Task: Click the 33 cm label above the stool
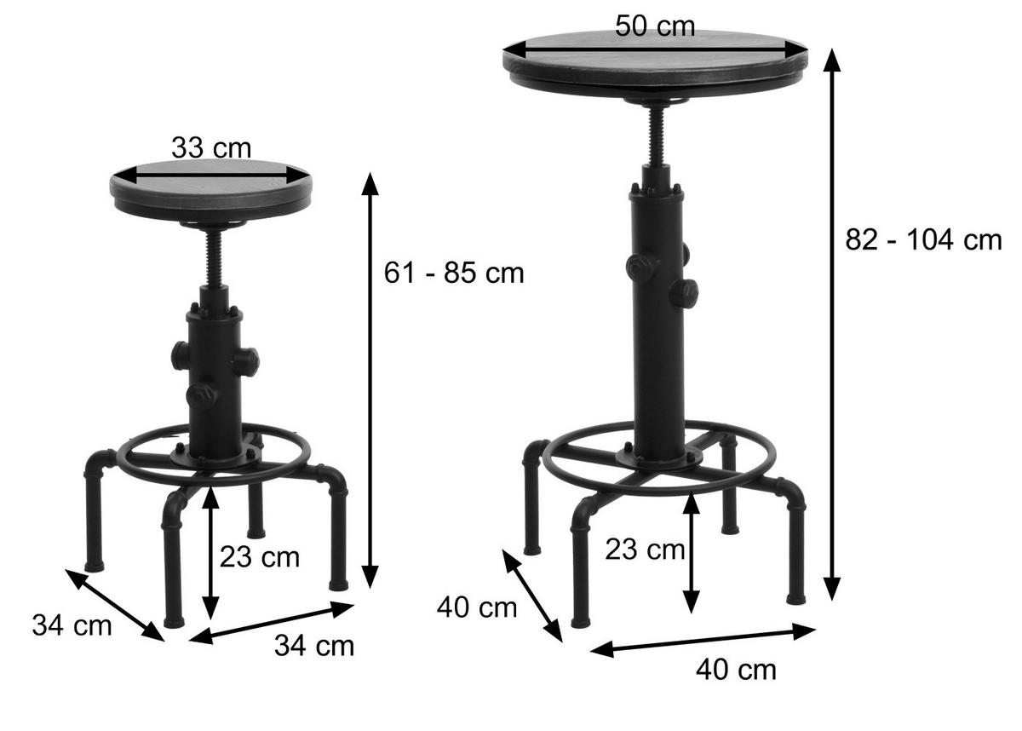[211, 148]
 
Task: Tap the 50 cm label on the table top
[655, 26]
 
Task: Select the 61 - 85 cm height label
[454, 273]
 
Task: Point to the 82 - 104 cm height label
[923, 239]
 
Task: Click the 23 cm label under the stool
[260, 557]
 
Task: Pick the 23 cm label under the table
[646, 550]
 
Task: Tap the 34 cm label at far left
[72, 625]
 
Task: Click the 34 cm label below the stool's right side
[314, 646]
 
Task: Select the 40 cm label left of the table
[477, 607]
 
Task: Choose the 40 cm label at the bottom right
[736, 670]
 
